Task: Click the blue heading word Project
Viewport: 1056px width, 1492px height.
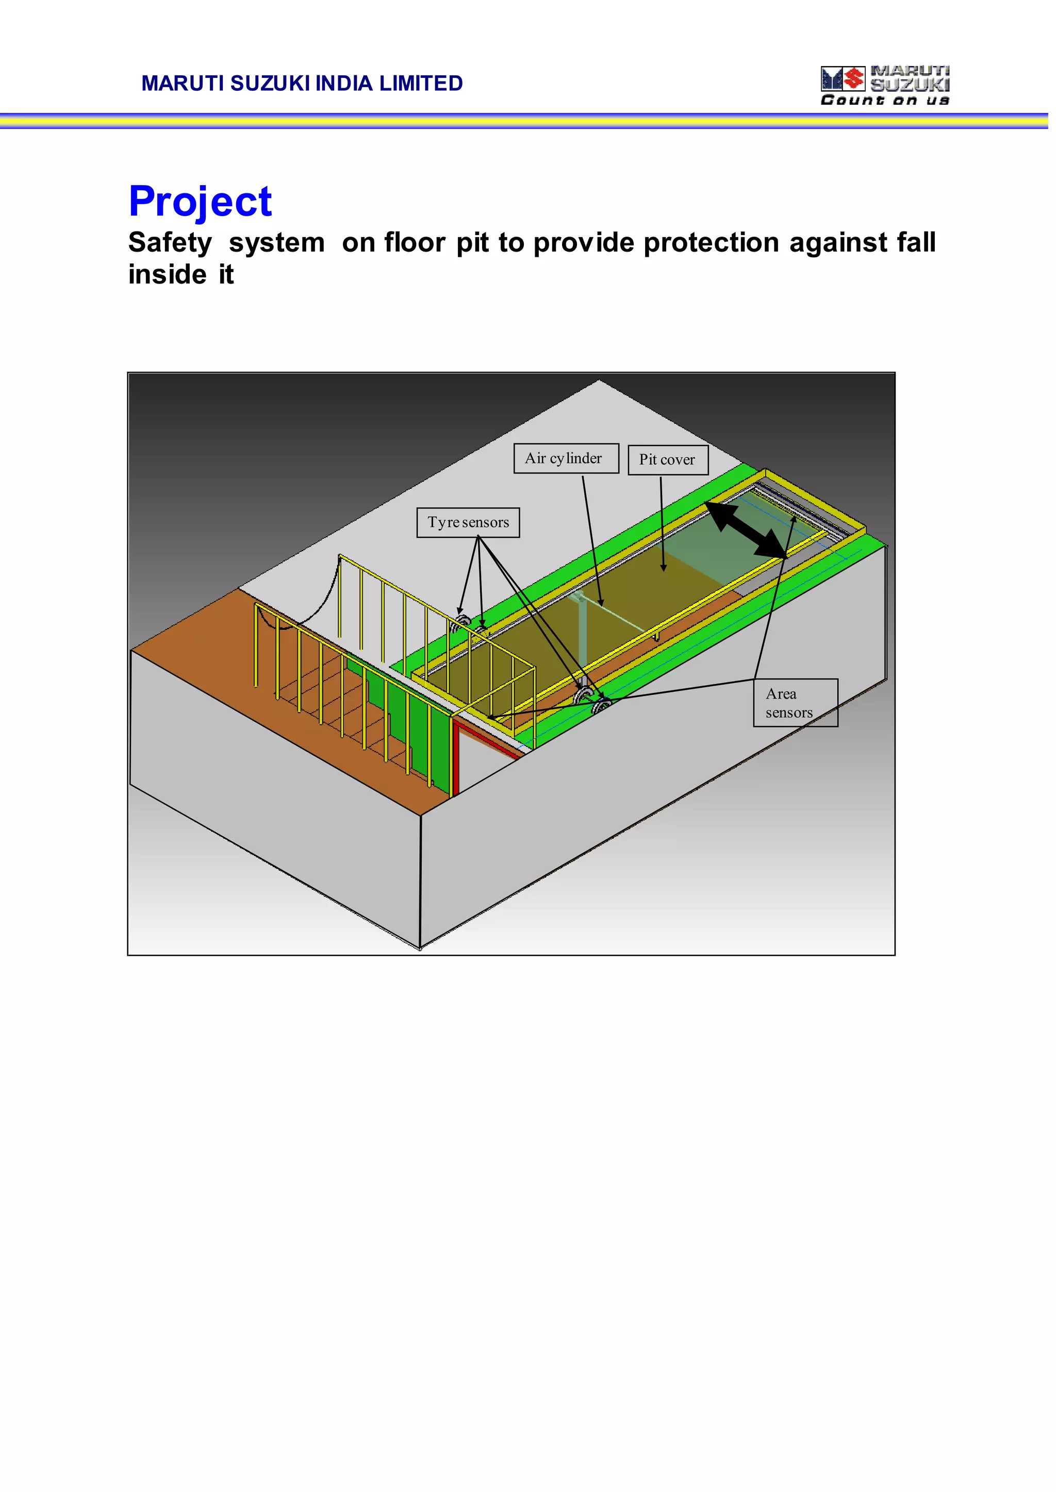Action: pos(200,202)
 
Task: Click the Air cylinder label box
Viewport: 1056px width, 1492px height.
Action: pos(566,458)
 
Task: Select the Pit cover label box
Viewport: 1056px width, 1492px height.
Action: pos(667,460)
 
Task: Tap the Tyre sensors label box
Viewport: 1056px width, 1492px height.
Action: pos(468,523)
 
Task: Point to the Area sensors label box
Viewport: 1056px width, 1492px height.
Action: pos(795,703)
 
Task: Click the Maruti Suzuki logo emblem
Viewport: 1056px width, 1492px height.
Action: pos(843,79)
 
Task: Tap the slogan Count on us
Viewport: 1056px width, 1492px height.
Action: pos(884,100)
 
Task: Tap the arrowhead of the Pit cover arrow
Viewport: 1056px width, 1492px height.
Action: pos(663,568)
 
